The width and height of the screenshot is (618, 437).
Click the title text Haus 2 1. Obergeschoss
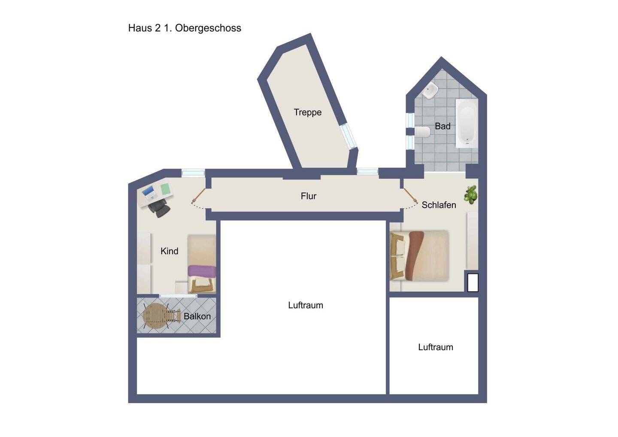185,28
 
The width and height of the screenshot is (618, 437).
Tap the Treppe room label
308,112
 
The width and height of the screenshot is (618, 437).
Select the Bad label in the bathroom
442,126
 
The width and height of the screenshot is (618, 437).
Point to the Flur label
309,196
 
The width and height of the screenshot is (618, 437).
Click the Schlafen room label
439,205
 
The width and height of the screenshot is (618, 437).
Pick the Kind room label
170,251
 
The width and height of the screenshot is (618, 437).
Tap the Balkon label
197,316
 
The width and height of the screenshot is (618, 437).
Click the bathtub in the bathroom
467,123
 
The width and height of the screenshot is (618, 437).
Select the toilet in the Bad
422,132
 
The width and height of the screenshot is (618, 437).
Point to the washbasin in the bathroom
430,90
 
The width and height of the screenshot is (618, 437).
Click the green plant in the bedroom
471,194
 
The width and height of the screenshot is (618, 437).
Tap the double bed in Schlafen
419,256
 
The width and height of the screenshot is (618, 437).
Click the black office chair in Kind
159,208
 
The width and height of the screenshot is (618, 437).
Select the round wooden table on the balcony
156,316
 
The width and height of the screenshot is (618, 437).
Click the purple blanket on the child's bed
202,270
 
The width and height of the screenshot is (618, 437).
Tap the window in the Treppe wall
348,137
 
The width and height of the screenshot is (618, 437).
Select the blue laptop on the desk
148,191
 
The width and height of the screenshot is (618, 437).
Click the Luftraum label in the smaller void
436,347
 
